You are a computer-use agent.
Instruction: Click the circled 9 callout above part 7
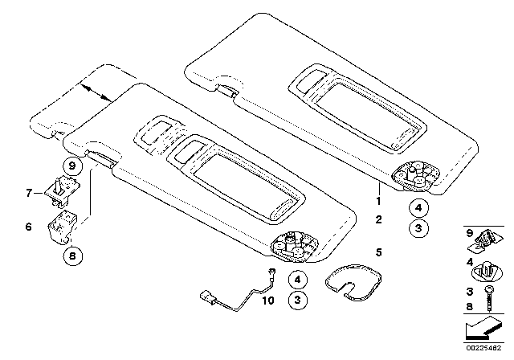tap(72, 166)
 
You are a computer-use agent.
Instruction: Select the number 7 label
tap(29, 193)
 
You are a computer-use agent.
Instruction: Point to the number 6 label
tap(29, 227)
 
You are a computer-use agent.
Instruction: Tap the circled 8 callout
tap(72, 256)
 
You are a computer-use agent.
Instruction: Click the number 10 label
tap(267, 301)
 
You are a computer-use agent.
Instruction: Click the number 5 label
tap(379, 252)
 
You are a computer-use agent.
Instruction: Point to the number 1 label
tap(378, 201)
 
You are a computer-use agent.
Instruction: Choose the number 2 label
tap(378, 219)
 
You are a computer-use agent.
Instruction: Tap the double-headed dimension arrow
tap(96, 92)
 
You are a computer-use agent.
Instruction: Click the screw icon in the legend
tap(489, 298)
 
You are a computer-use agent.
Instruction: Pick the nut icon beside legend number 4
tap(487, 271)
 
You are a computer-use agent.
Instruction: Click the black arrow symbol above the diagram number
tap(483, 329)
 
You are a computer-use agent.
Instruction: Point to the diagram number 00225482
tap(483, 348)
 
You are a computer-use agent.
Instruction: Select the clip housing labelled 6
tap(62, 227)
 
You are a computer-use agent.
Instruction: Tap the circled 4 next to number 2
tap(418, 207)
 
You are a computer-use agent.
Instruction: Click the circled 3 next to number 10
tap(298, 300)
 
